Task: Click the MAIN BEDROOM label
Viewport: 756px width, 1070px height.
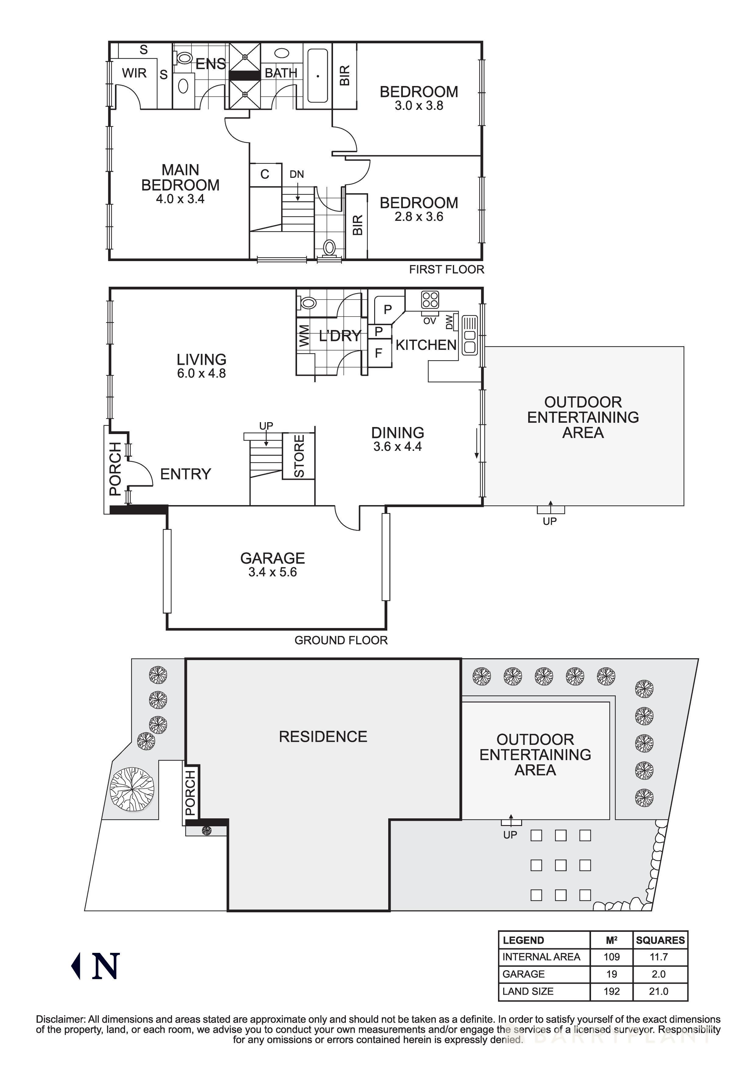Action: (180, 177)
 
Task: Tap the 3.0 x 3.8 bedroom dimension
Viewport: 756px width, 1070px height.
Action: (418, 106)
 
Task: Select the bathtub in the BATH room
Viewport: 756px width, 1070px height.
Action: (318, 76)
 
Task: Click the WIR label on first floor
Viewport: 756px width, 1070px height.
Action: (134, 73)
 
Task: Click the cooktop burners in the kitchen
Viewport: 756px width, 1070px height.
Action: (429, 300)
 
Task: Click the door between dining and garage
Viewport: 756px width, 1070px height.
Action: (347, 518)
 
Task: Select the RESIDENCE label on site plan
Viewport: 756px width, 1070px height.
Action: (323, 736)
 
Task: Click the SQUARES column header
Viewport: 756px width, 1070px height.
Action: (660, 940)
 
